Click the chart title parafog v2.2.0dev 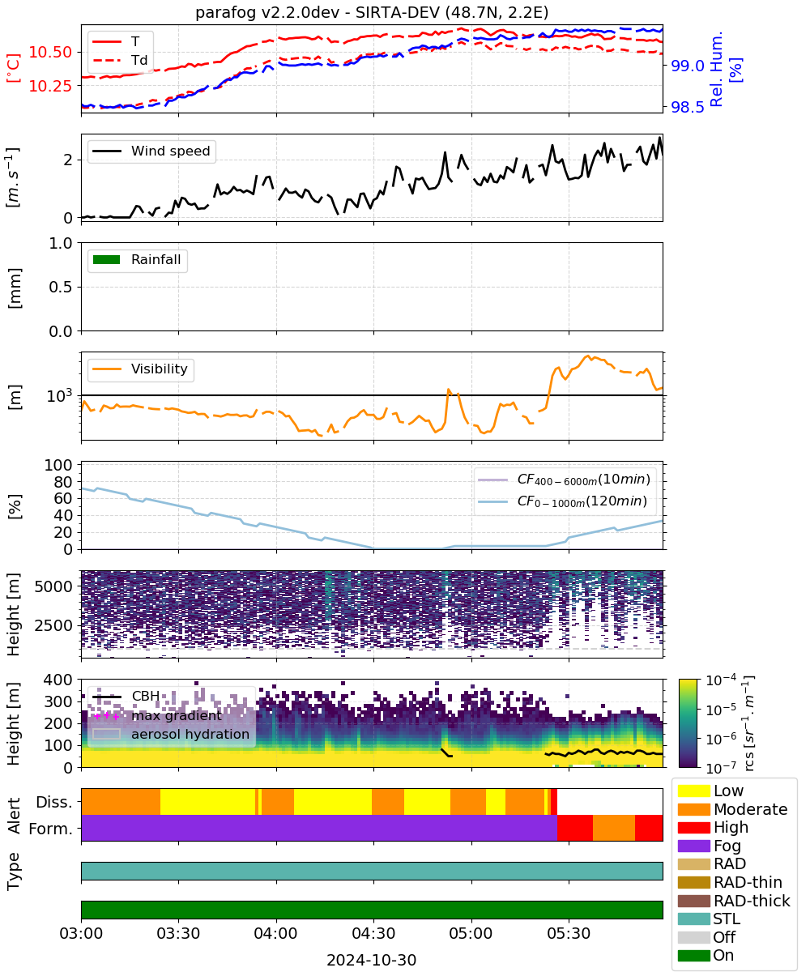tap(267, 12)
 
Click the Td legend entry tap(120, 60)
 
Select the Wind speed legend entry tap(151, 151)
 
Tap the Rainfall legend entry tap(136, 259)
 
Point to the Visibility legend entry tap(139, 369)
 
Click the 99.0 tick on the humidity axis tap(687, 66)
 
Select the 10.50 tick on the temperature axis tap(51, 52)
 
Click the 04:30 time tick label tap(373, 934)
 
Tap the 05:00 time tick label tap(471, 934)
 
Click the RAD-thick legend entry tap(734, 901)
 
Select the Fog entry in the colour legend tap(709, 846)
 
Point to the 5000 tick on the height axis tap(53, 586)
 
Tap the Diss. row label tap(54, 802)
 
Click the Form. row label tap(51, 829)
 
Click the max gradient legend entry tap(157, 715)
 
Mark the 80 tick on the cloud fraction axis tap(63, 482)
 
